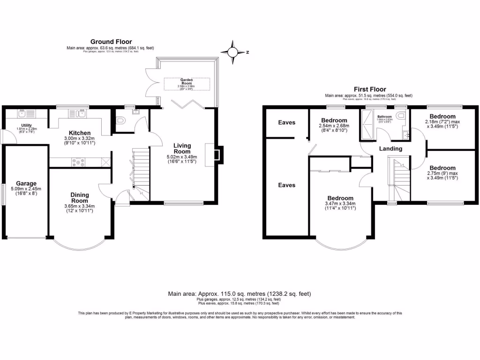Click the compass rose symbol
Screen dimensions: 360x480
click(232, 52)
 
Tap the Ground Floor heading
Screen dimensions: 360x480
click(111, 42)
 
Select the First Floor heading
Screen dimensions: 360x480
click(370, 89)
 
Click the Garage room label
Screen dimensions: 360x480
click(26, 183)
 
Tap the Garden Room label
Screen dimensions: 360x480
click(187, 82)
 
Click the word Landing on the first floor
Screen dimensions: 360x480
click(390, 149)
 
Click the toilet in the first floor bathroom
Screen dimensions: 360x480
click(400, 117)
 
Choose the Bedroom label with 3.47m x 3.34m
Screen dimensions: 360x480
click(340, 198)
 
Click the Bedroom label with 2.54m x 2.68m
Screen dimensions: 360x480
click(334, 120)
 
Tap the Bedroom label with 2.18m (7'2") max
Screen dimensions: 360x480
click(442, 116)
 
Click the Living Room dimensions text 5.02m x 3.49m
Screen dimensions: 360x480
click(182, 157)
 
